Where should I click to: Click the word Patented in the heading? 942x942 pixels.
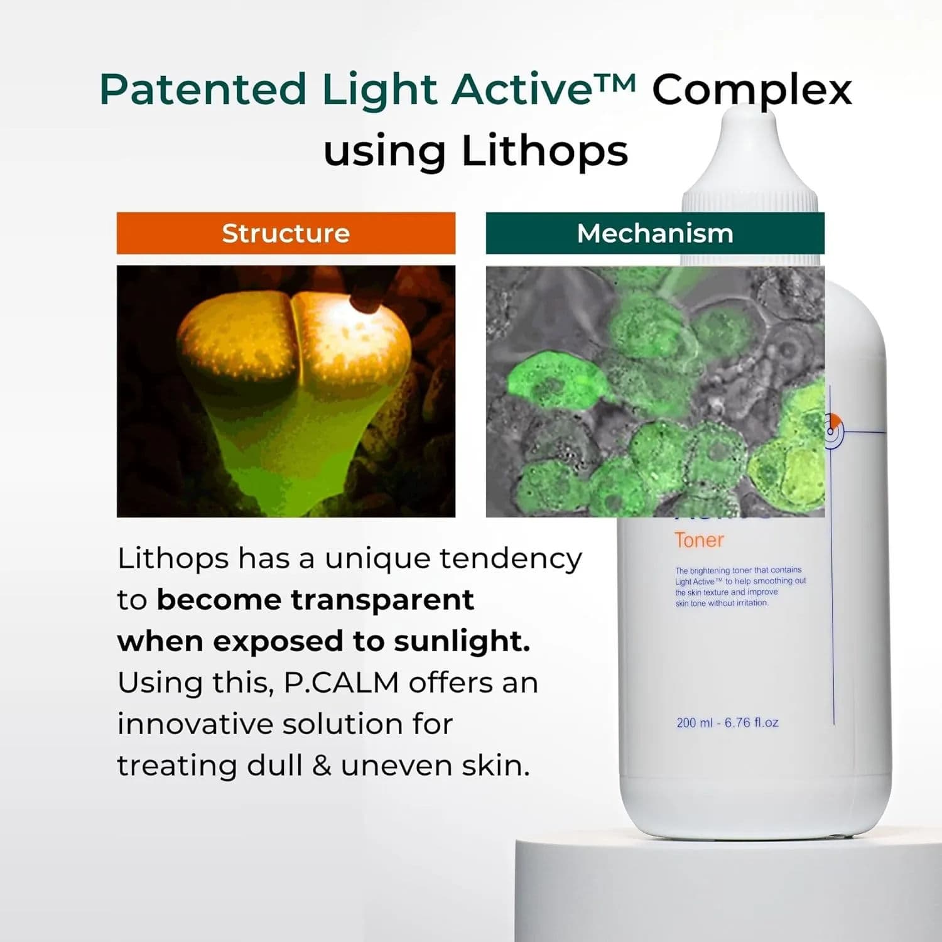tap(203, 90)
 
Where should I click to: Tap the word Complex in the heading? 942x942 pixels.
tap(752, 90)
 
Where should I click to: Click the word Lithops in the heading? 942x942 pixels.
tap(544, 151)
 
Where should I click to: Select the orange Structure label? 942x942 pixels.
tap(286, 233)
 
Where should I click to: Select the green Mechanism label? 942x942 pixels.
tap(655, 233)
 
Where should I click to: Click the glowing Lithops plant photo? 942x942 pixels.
tap(286, 391)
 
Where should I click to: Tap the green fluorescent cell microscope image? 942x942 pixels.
tap(655, 391)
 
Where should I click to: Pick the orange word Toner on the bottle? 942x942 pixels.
tap(699, 540)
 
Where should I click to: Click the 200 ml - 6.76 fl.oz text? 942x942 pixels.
tap(727, 723)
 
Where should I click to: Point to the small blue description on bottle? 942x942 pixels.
tap(740, 587)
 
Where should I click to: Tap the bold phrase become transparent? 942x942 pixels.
tap(315, 600)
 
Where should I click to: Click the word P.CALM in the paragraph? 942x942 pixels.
tap(341, 683)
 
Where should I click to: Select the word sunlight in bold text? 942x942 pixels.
tap(462, 641)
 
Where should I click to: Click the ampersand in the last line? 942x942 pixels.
tap(322, 766)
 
